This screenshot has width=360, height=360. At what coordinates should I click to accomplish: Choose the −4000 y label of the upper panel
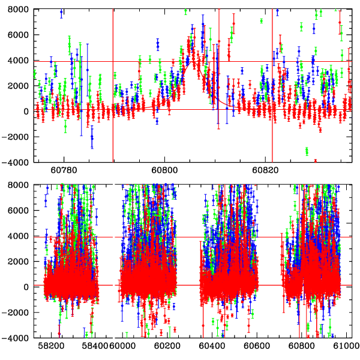click(16, 162)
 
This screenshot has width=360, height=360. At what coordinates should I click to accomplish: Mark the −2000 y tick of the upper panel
click(16, 137)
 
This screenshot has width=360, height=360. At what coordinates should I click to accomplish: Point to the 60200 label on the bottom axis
click(164, 346)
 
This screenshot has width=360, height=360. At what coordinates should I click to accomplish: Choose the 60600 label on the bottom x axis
click(257, 346)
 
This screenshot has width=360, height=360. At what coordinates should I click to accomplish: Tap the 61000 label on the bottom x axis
click(346, 346)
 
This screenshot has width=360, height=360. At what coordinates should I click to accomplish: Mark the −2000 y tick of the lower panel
click(16, 313)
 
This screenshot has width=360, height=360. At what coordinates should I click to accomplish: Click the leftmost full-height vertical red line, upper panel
click(113, 84)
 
